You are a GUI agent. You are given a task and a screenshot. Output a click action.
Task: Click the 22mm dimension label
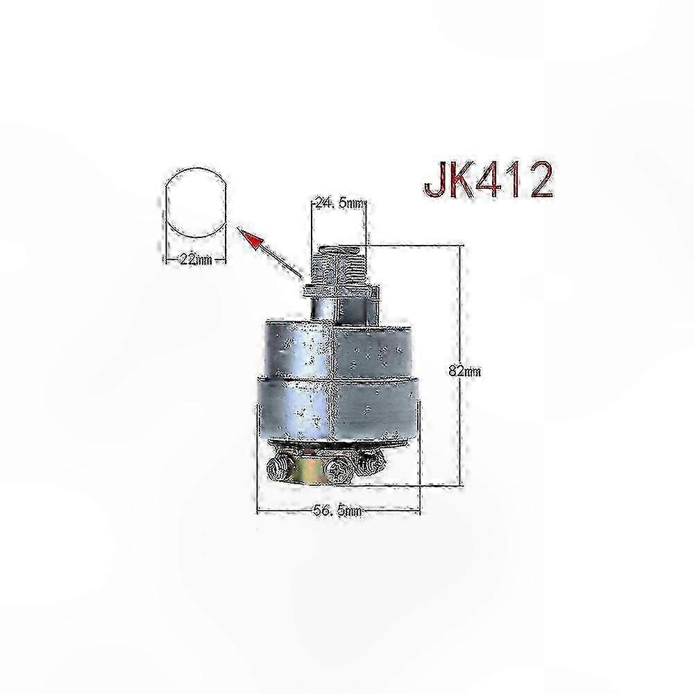click(195, 260)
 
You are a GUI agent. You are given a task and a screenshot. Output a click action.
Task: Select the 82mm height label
click(464, 371)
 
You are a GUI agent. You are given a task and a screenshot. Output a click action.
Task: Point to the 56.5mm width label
click(337, 511)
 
